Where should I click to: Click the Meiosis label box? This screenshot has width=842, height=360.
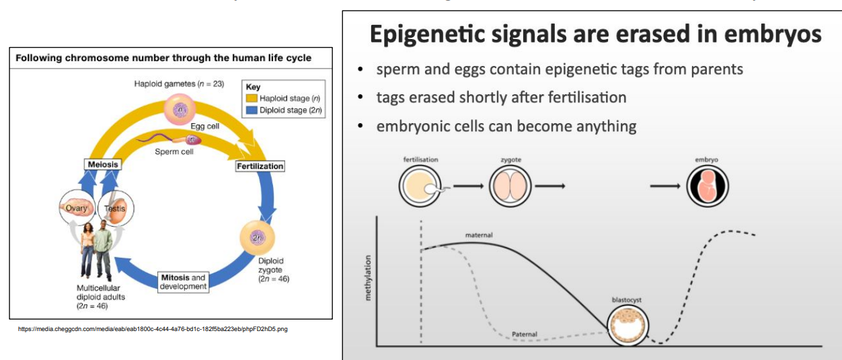pos(102,164)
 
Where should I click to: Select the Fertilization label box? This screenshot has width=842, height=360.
pos(260,166)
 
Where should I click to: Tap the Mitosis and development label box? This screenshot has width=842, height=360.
pos(183,282)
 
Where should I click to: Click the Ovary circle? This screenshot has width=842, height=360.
pos(77,208)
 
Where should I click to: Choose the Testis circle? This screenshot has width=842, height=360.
pos(116,209)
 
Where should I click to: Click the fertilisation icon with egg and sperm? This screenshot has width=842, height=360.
pos(421,185)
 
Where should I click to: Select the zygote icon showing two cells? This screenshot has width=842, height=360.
pos(510,185)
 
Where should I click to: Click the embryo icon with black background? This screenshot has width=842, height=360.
pos(707,185)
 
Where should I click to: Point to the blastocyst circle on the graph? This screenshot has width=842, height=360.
pos(627,326)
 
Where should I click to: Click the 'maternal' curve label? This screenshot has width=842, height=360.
pos(479,235)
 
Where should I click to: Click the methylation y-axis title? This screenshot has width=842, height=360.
pos(367,278)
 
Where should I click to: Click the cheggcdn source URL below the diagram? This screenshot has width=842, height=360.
pos(153,329)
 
